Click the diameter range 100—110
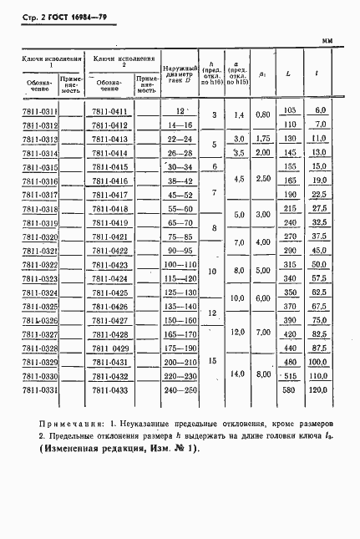[180, 264]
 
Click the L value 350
[290, 292]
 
